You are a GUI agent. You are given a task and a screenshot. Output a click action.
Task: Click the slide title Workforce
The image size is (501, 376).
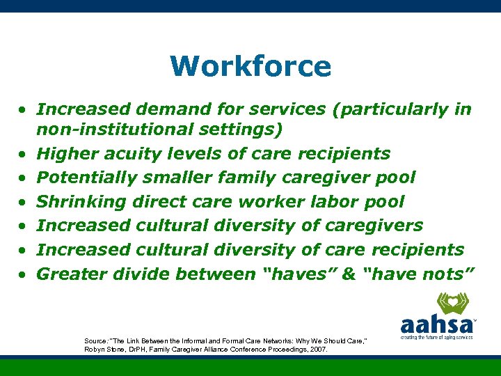tap(250, 67)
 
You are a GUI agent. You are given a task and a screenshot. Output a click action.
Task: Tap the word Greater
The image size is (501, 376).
tap(68, 274)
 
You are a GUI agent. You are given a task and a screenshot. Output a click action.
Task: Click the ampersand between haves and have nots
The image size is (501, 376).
tap(349, 274)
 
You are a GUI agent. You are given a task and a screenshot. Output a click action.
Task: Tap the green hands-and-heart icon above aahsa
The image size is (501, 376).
tap(452, 304)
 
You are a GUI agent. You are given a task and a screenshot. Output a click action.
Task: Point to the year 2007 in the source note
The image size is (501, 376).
tap(317, 350)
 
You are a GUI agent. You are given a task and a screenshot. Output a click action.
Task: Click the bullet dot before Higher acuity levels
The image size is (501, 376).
tap(23, 155)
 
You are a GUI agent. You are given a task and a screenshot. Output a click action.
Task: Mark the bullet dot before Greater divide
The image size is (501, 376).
tap(23, 275)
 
